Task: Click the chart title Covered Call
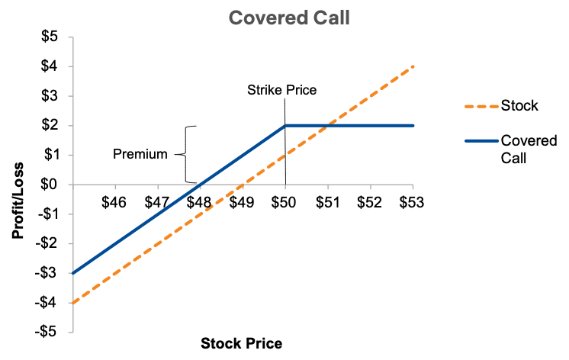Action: coord(289,18)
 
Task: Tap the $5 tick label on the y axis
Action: coord(50,37)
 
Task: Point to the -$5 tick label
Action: coord(47,332)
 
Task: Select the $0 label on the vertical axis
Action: coord(50,185)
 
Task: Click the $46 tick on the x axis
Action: coord(114,202)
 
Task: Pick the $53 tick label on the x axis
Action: coord(412,202)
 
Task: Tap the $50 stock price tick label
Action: coord(284,202)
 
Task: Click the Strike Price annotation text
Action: coord(282,90)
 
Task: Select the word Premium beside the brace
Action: coord(140,154)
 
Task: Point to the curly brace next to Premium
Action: coord(186,155)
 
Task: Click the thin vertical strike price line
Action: coord(285,142)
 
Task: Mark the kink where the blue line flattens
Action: coord(285,126)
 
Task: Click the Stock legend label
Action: coord(519,105)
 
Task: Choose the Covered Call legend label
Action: coord(529,149)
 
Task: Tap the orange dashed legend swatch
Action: coord(481,106)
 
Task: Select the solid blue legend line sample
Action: coord(481,141)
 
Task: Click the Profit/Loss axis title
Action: coord(18,201)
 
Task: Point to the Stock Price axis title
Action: coord(241,343)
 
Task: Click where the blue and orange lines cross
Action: coord(328,126)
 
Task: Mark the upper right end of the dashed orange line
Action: coord(413,66)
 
